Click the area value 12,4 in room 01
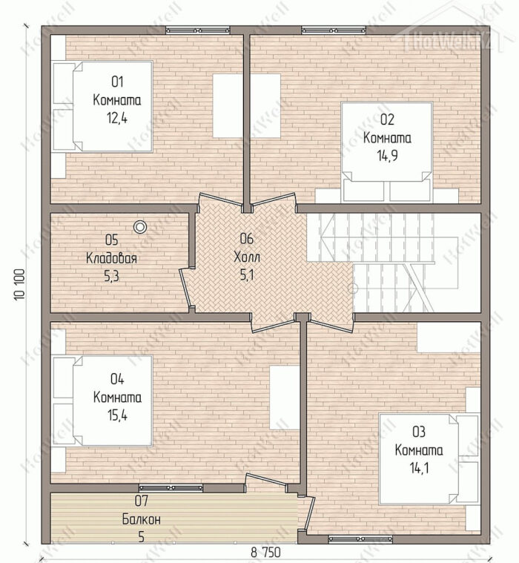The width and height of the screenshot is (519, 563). [x=117, y=118]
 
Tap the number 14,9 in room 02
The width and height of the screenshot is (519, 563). [x=387, y=156]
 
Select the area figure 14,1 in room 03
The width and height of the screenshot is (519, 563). [x=419, y=468]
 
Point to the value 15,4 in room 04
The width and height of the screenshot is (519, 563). [x=117, y=415]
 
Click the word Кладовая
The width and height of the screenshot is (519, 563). [x=112, y=258]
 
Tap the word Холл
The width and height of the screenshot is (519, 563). [x=247, y=257]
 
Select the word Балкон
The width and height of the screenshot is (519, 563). [x=142, y=519]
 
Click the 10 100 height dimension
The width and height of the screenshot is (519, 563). [x=20, y=284]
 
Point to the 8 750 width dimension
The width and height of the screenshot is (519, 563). [x=265, y=552]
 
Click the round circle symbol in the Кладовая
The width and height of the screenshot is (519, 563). [x=140, y=227]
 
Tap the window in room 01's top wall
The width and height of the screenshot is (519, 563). [x=197, y=30]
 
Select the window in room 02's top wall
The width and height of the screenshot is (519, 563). [x=334, y=30]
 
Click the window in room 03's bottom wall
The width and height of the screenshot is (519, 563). [x=360, y=539]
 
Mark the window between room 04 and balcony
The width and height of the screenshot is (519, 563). [x=171, y=487]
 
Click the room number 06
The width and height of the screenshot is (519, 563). [x=247, y=238]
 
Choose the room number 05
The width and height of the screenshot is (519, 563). [x=112, y=240]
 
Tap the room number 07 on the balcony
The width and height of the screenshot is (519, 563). [x=141, y=501]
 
